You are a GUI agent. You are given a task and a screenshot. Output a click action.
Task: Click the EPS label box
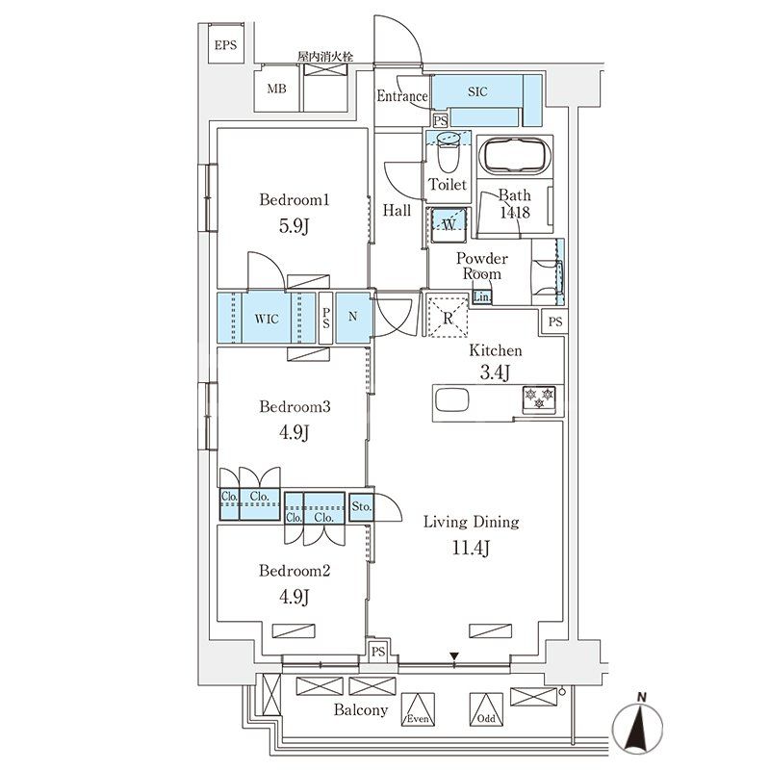tap(224, 45)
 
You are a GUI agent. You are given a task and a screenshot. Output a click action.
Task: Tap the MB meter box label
tap(276, 90)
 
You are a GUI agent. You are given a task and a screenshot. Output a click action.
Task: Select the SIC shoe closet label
tap(477, 92)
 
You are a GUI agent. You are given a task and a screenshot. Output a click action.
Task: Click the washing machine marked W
tap(449, 224)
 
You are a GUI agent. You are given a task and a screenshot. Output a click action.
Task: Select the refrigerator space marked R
tap(448, 316)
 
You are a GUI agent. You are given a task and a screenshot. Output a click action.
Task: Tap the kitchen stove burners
tap(539, 397)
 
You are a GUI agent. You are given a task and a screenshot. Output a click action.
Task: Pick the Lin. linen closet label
tap(482, 297)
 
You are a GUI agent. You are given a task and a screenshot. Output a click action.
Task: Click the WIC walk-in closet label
tap(267, 318)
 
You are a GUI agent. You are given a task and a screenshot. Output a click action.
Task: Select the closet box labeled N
tap(352, 318)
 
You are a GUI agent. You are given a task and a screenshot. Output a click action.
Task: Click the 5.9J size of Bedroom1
tap(295, 226)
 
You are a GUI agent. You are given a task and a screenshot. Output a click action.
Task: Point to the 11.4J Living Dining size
tap(472, 550)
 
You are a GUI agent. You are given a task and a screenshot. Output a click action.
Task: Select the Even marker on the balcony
tap(417, 712)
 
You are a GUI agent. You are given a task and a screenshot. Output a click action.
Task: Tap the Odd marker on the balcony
tap(485, 712)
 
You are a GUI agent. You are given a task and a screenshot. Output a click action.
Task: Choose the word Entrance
tap(401, 96)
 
